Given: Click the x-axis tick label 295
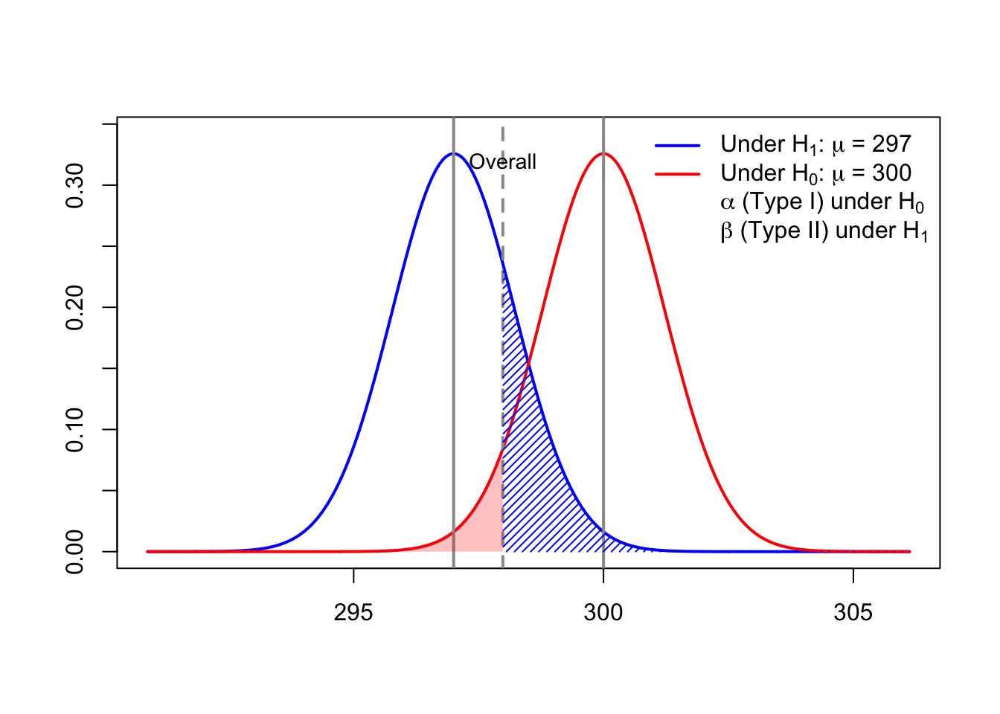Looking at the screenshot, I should coord(353,613).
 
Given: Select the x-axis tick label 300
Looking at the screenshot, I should coord(603,613).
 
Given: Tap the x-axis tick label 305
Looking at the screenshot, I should coord(853,613).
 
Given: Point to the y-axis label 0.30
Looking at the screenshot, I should coord(75,185).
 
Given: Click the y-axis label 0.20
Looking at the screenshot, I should coord(75,307).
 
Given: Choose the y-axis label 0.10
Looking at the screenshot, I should coord(75,430).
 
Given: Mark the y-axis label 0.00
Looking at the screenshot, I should coord(75,552).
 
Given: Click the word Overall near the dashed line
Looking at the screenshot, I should coord(503,162).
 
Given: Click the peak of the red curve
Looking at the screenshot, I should coord(603,154).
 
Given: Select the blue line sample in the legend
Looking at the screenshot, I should coord(677,145).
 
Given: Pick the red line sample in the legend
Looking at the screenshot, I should coord(677,174).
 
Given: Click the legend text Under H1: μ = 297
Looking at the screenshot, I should coord(816,144).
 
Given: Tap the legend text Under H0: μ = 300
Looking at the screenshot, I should coord(816,173).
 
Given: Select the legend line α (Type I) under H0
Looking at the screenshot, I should coord(822,202).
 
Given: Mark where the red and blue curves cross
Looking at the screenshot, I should coord(528,364).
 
